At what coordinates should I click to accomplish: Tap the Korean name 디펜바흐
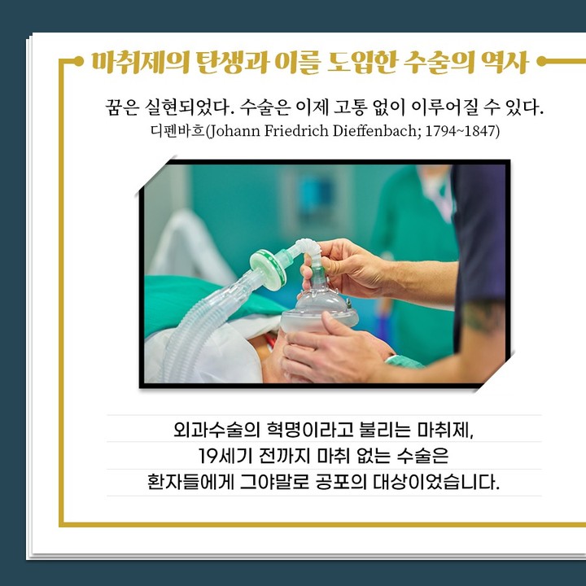(x=178, y=131)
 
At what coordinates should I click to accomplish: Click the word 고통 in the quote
(x=351, y=107)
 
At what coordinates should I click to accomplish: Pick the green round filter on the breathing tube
(x=268, y=269)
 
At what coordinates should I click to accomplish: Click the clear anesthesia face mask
(x=319, y=311)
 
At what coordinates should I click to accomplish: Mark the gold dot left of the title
(x=78, y=61)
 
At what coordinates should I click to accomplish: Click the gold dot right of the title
(x=541, y=61)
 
